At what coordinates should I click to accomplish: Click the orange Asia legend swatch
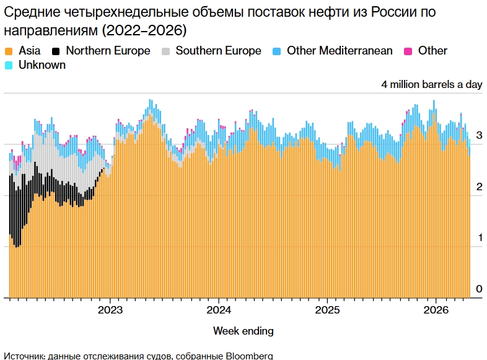tap(9, 51)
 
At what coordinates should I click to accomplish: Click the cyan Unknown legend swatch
tap(9, 65)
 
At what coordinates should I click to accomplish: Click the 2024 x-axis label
tap(219, 309)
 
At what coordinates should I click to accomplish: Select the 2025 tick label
tap(327, 309)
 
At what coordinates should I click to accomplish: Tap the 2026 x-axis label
tap(436, 309)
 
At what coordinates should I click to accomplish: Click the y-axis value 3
tap(479, 135)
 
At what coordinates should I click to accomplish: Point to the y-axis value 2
tap(479, 187)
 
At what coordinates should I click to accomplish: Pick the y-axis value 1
tap(479, 238)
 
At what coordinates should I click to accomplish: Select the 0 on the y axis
tap(479, 289)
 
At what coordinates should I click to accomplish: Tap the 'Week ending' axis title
tap(243, 330)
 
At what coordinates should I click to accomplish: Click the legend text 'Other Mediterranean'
tap(340, 51)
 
